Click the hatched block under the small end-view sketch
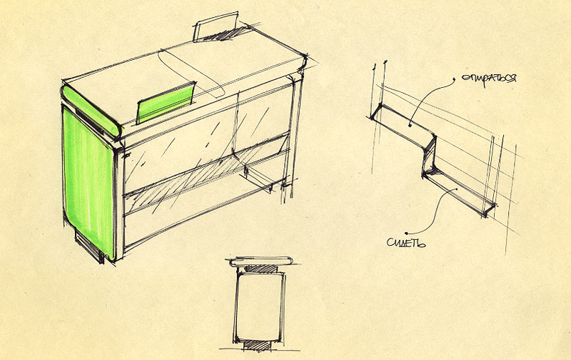click(258, 345)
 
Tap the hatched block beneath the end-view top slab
click(261, 269)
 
